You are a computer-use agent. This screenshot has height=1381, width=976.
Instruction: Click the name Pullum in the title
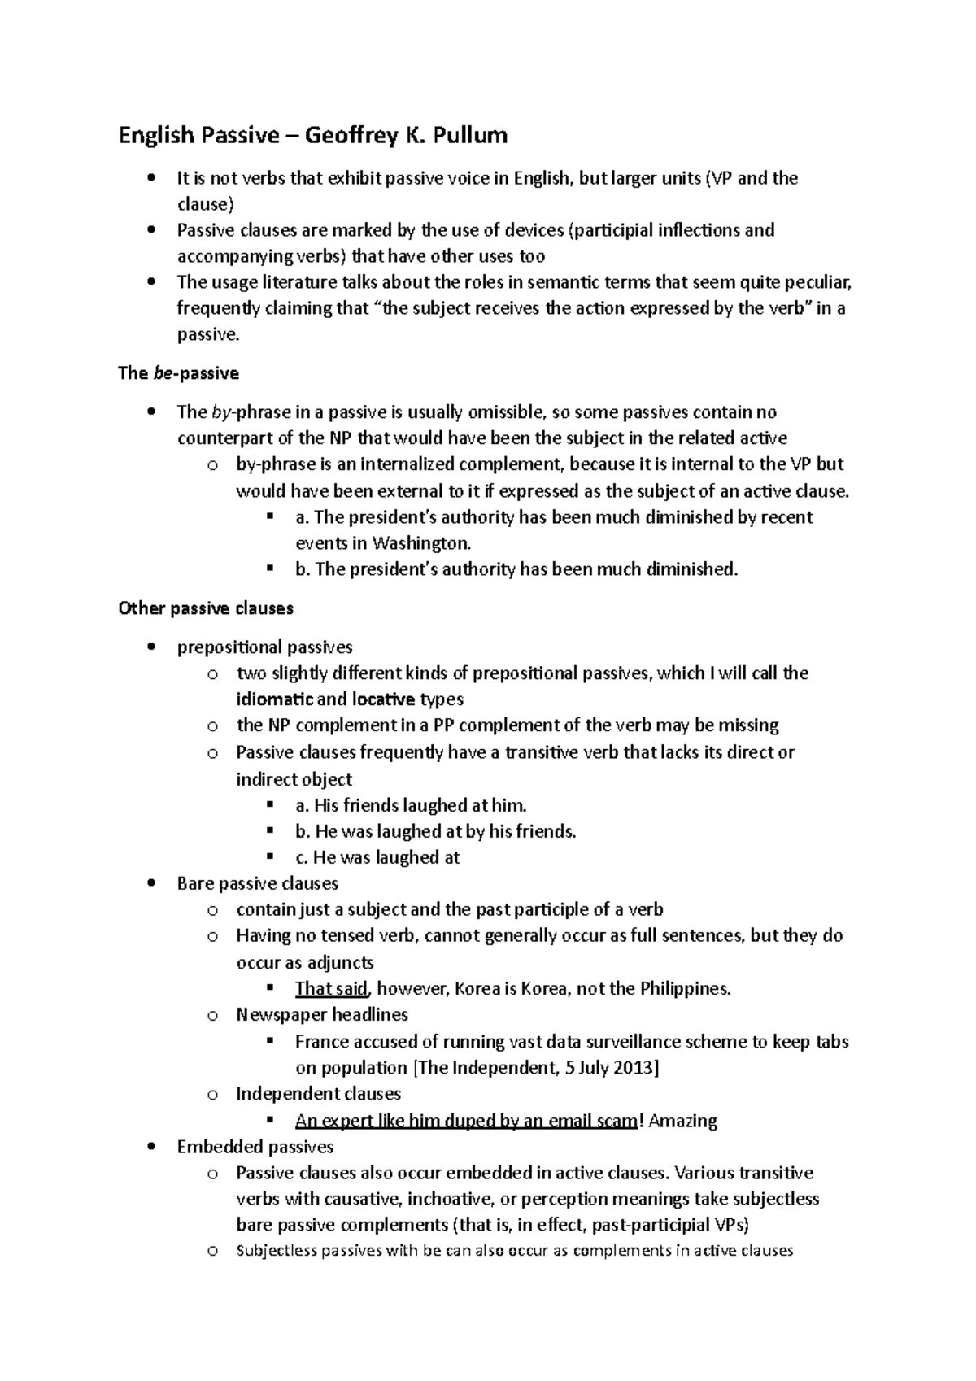(469, 135)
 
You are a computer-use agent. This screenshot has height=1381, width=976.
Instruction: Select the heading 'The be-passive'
(178, 374)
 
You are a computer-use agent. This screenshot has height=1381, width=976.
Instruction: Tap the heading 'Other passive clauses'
(206, 608)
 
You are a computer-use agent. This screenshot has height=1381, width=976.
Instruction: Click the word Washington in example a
(421, 543)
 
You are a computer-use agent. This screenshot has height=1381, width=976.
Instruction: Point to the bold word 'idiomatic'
(274, 699)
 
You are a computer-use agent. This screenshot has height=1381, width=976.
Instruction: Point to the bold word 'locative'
(383, 699)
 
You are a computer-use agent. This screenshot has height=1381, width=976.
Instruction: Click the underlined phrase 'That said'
(332, 989)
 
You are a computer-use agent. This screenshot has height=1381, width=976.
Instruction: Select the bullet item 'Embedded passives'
(255, 1147)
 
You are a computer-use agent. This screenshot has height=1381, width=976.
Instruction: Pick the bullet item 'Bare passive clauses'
(258, 883)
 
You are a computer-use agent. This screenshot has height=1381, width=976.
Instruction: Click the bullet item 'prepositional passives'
(265, 647)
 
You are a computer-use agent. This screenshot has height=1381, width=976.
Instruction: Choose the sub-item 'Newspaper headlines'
(322, 1015)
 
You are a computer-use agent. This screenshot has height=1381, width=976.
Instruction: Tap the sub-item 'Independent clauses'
(319, 1094)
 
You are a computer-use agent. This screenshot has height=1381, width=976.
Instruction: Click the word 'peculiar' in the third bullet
(820, 283)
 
